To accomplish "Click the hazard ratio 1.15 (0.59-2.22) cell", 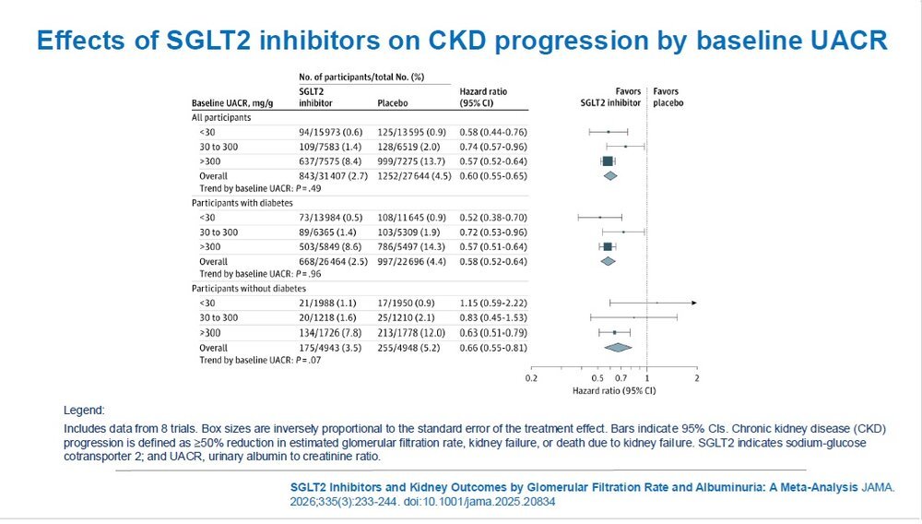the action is coord(493,303).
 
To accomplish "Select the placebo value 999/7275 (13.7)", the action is coord(411,161).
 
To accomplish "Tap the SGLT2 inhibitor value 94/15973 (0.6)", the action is coord(330,132).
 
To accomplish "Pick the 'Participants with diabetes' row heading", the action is coord(242,203).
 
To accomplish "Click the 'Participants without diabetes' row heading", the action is coord(249,289).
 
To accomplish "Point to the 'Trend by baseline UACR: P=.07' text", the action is coord(261,360).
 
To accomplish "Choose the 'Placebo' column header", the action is coord(393,103).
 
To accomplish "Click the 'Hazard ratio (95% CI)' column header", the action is coord(483,97).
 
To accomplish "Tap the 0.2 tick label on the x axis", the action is coord(531,378).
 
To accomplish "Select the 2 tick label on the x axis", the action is coord(697,378).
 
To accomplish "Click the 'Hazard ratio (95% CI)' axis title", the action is coord(614,390).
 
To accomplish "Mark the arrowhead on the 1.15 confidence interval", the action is coord(694,303).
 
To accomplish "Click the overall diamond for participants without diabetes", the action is coord(618,348).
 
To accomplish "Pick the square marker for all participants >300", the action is coord(608,161).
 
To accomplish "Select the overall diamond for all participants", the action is coord(610,176).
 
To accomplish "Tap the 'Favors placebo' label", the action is coord(668,97).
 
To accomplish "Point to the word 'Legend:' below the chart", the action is coord(84,411).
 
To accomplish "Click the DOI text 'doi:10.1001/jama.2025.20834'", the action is coord(479,502).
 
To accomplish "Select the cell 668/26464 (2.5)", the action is coord(334,262).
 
